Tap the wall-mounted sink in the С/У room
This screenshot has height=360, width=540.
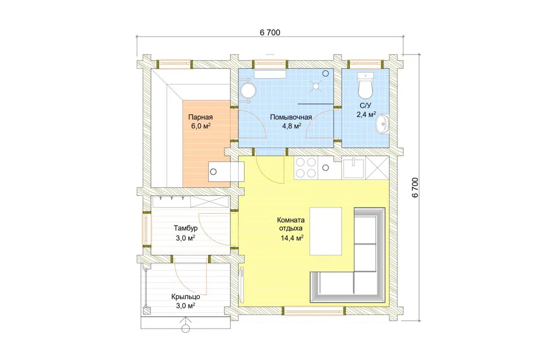click(382, 123)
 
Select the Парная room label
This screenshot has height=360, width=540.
click(200, 117)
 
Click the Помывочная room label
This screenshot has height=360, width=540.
click(291, 117)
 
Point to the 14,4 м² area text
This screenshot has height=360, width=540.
click(292, 237)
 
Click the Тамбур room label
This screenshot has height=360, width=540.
click(186, 228)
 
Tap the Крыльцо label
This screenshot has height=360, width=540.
click(186, 297)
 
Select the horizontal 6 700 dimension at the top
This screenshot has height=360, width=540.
click(270, 33)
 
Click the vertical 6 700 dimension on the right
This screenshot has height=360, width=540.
click(415, 187)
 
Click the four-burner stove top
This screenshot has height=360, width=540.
click(306, 168)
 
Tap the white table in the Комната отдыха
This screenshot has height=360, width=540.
click(326, 231)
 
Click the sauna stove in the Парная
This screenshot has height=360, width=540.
click(226, 172)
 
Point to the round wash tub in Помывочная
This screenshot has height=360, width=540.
click(248, 90)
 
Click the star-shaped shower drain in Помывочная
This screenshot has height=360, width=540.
click(316, 86)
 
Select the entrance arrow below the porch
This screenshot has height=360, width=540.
click(186, 325)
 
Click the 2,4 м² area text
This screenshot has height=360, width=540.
click(366, 114)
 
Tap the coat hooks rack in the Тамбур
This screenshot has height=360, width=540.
click(172, 199)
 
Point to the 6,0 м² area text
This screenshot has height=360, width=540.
click(201, 126)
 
